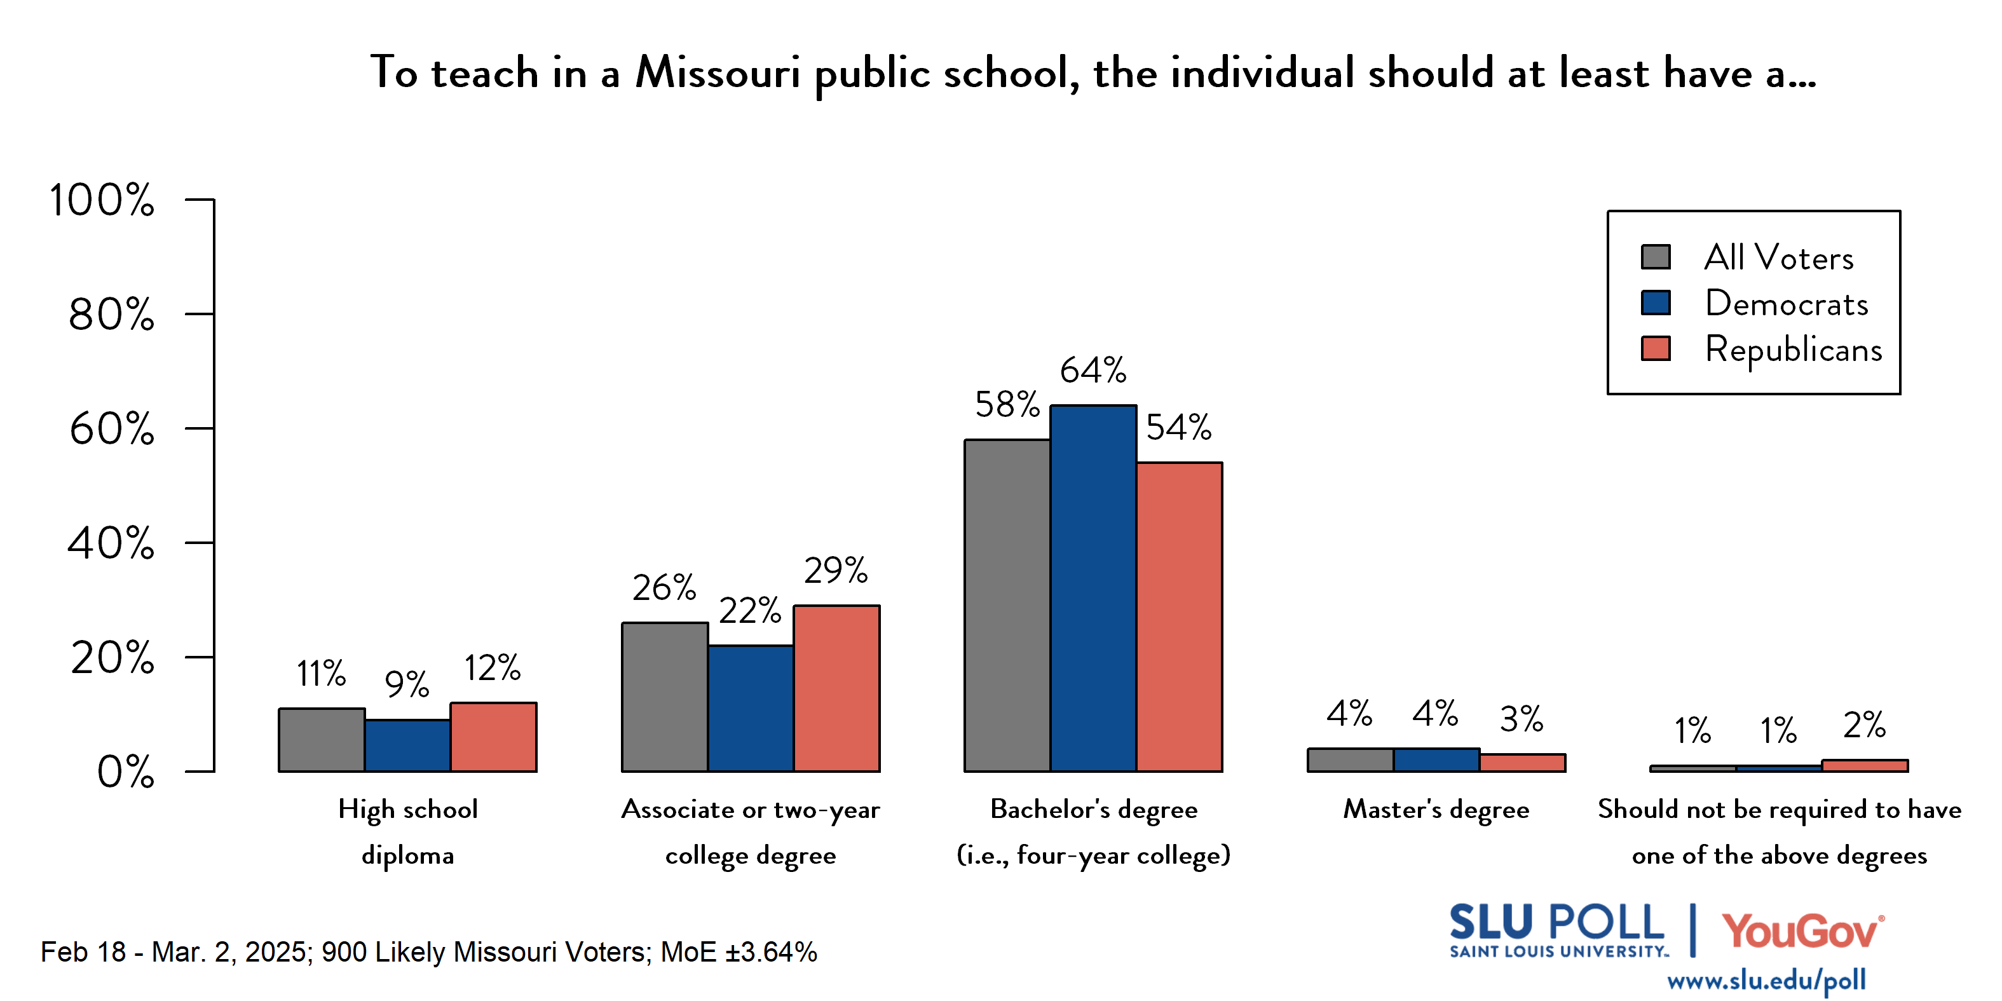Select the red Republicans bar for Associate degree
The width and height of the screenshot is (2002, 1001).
click(x=836, y=688)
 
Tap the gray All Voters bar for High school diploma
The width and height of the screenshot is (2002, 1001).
click(x=322, y=740)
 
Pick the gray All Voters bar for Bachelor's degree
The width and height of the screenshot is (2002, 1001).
click(x=1007, y=606)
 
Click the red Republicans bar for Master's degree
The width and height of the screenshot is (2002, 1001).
click(x=1522, y=763)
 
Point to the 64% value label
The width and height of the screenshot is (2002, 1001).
click(x=1093, y=370)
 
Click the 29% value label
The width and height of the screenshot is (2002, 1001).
click(x=836, y=571)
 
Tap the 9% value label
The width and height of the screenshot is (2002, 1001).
click(x=407, y=684)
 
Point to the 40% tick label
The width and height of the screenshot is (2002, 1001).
click(x=111, y=543)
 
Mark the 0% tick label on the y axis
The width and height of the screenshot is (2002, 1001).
click(x=125, y=772)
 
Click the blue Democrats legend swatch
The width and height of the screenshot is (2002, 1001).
click(x=1656, y=303)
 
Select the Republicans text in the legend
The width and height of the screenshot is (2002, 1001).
click(x=1793, y=350)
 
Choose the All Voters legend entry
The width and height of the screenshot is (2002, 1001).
click(x=1778, y=257)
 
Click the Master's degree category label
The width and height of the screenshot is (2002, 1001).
click(x=1436, y=810)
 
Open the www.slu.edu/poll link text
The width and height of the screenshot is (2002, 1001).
click(x=1766, y=981)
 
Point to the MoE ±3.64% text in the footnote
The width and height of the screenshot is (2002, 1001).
click(x=739, y=952)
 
